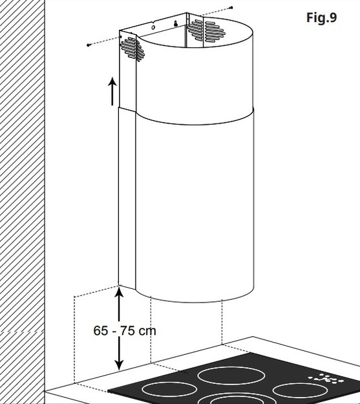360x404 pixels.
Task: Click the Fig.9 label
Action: click(x=321, y=18)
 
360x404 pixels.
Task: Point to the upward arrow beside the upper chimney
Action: click(x=112, y=91)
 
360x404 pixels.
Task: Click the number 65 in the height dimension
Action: click(x=100, y=330)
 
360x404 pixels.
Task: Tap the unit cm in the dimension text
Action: click(x=147, y=331)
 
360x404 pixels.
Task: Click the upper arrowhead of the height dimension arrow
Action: click(x=119, y=292)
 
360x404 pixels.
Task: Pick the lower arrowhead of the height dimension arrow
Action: click(x=119, y=365)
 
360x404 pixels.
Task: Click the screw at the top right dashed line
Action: click(x=231, y=8)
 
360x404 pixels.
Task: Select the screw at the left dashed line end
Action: click(x=89, y=45)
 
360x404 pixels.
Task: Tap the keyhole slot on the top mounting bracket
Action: click(x=176, y=24)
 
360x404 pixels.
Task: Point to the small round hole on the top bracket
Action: click(x=153, y=27)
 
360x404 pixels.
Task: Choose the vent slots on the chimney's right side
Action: click(x=206, y=31)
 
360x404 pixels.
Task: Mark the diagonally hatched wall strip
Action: click(x=23, y=202)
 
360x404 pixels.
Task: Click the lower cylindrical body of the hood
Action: click(x=195, y=206)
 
